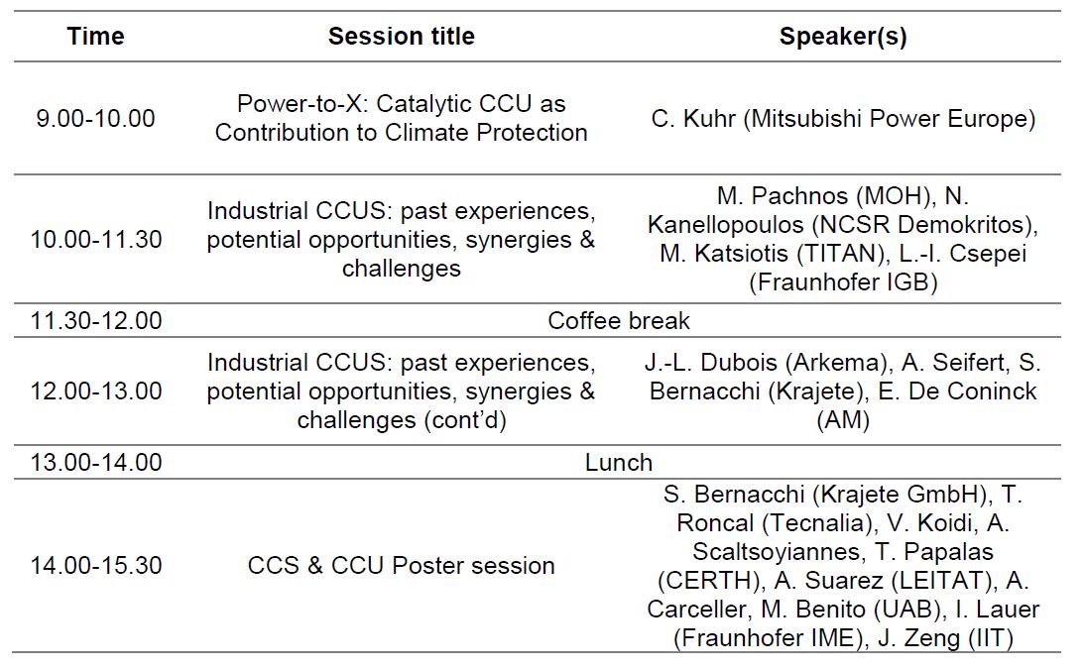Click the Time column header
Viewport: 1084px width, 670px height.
click(x=95, y=36)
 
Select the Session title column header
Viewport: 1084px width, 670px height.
click(x=401, y=36)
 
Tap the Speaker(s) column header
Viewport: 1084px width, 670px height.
click(x=843, y=37)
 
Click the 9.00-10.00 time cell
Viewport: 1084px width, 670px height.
click(x=95, y=118)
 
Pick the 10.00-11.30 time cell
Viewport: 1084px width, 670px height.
click(x=95, y=240)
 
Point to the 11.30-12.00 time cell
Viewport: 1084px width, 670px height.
click(x=95, y=320)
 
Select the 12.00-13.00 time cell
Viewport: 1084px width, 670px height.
click(x=95, y=391)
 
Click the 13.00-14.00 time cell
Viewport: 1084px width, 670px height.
click(x=95, y=462)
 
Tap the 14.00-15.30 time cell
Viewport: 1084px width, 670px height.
click(x=95, y=566)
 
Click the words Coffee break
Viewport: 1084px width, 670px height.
click(x=619, y=320)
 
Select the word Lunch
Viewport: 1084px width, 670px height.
click(x=619, y=462)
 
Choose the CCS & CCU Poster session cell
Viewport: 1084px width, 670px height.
click(x=401, y=566)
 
